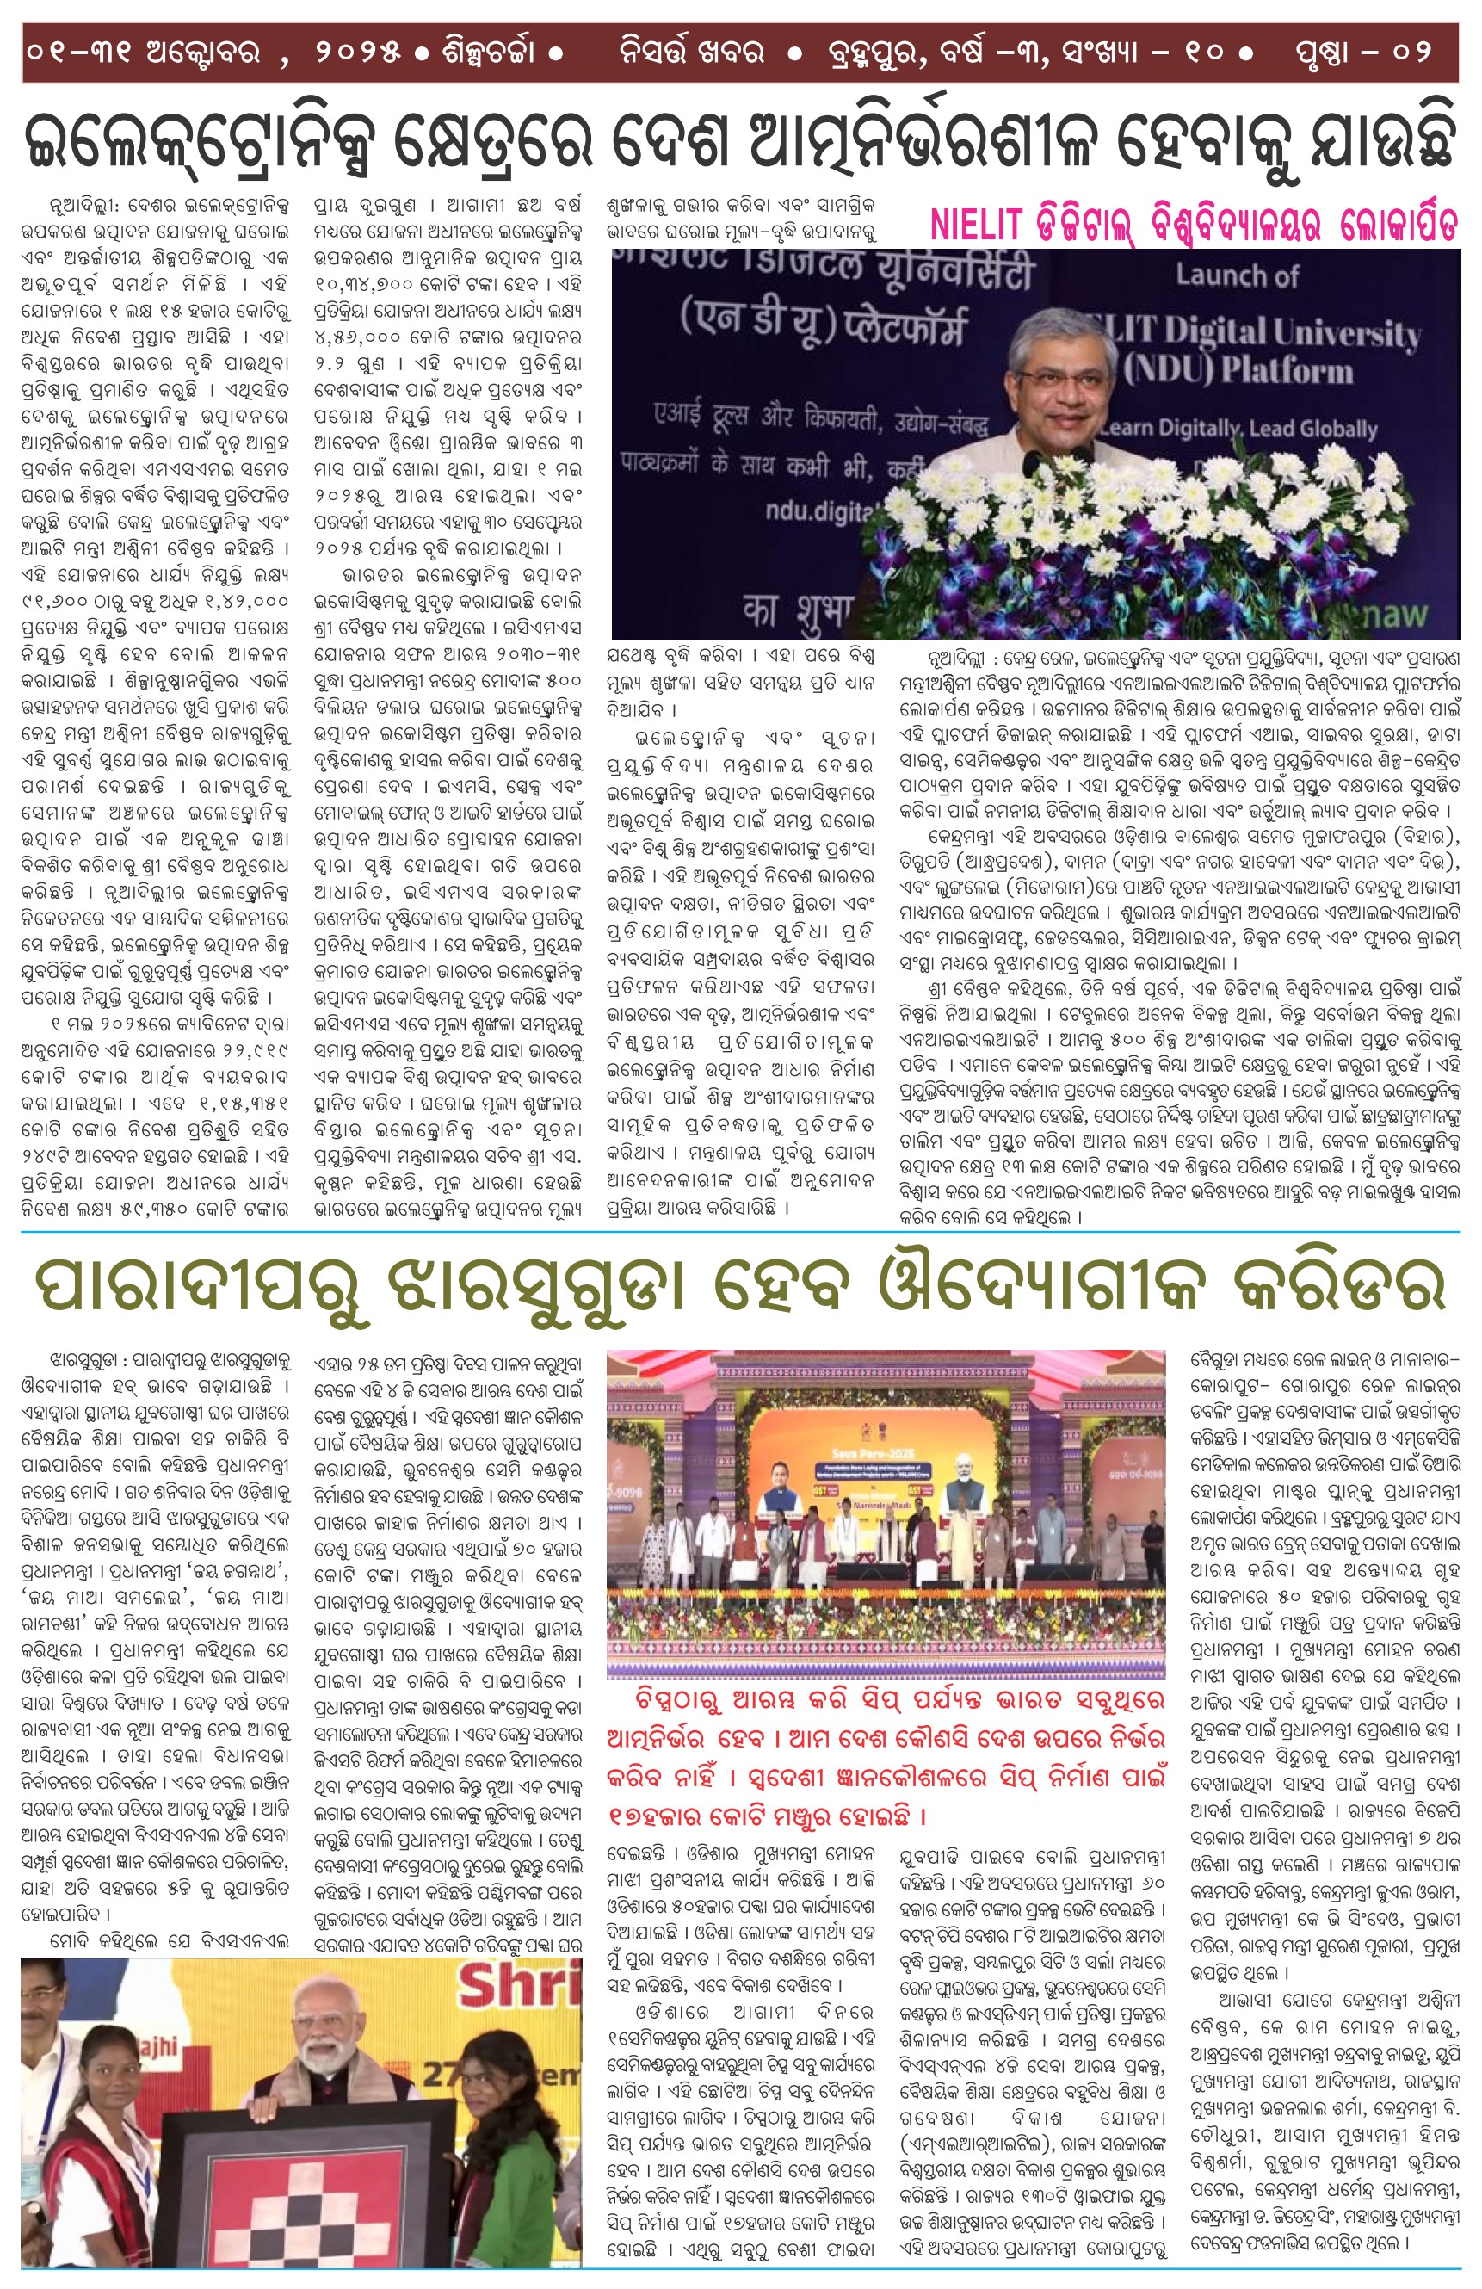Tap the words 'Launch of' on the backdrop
[x=1236, y=277]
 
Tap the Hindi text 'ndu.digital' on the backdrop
[x=818, y=511]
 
